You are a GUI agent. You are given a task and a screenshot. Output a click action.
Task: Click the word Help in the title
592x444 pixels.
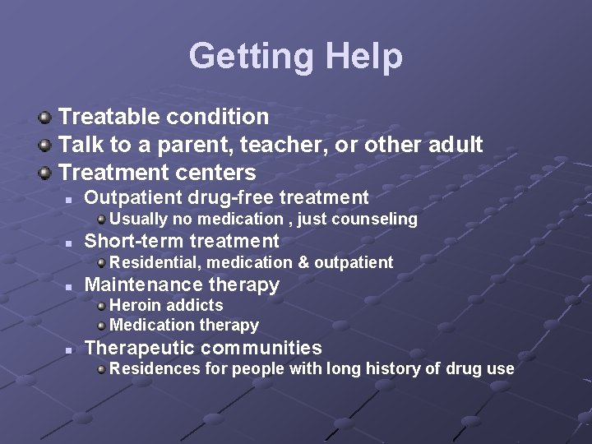click(364, 57)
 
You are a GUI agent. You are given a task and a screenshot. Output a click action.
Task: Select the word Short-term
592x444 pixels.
click(134, 241)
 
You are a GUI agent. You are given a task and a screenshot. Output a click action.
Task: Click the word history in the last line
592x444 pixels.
click(390, 369)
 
